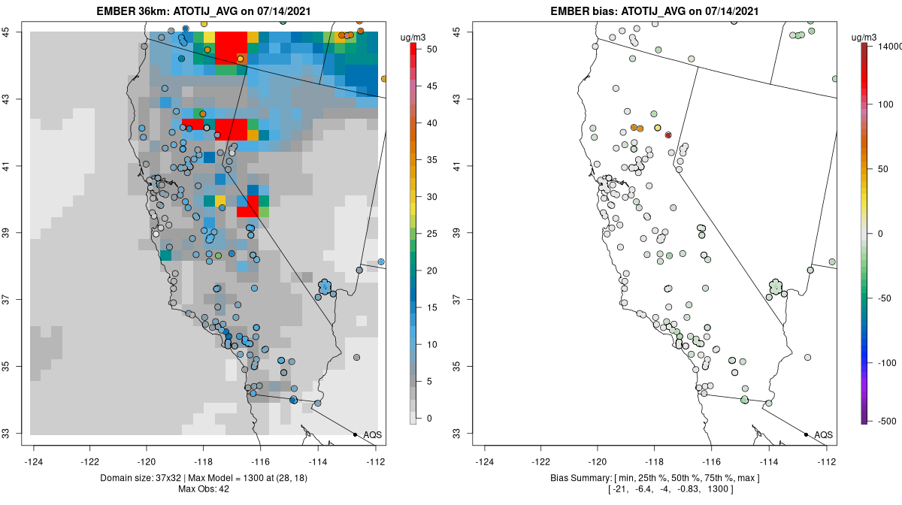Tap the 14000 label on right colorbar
[x=888, y=46]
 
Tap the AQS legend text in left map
[x=372, y=434]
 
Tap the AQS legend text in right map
[x=823, y=434]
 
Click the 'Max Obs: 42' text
[x=204, y=489]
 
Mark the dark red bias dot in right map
[x=668, y=135]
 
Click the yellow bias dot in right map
[x=658, y=128]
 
